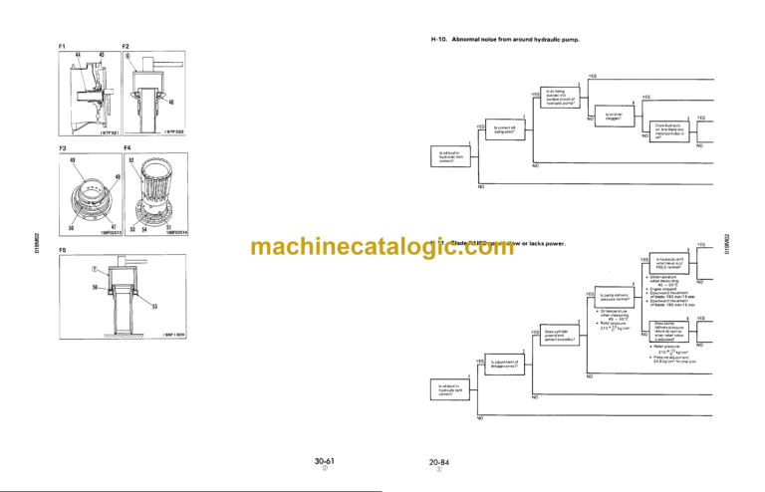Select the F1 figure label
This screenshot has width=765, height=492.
(x=62, y=47)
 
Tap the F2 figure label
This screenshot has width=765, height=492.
(x=126, y=47)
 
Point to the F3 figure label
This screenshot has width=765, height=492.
(x=62, y=147)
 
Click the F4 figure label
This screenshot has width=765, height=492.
(x=126, y=147)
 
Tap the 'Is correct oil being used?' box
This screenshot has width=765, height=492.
(x=510, y=129)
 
